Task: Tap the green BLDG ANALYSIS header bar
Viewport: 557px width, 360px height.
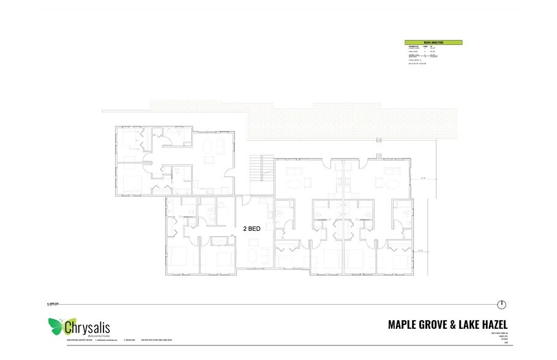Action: tap(433, 42)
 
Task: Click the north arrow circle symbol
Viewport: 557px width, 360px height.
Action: tap(502, 304)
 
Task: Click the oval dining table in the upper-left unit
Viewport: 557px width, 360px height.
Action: tap(208, 147)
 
